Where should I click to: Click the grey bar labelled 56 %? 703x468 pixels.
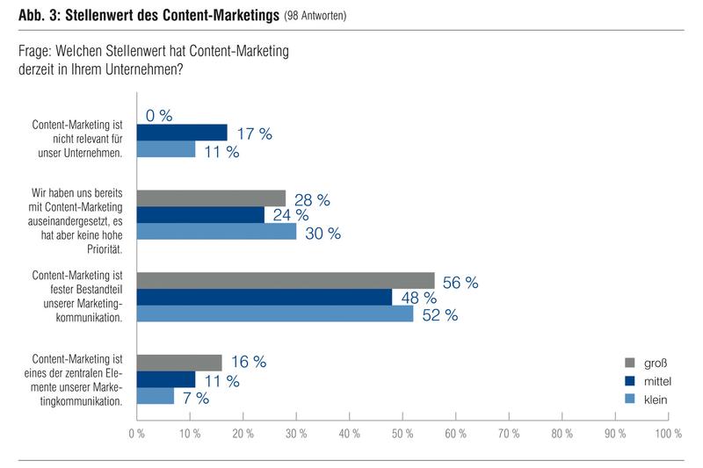[286, 280]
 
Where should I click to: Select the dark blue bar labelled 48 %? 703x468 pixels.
[265, 298]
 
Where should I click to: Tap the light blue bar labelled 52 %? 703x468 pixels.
[275, 314]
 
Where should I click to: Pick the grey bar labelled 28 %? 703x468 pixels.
[211, 198]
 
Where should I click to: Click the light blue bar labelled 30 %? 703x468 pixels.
[216, 232]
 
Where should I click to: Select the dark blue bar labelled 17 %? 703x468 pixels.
[182, 133]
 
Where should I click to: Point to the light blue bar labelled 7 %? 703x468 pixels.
[156, 397]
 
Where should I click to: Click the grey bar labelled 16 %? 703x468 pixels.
[179, 363]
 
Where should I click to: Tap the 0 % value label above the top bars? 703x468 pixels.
[159, 116]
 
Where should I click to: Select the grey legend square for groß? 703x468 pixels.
[629, 363]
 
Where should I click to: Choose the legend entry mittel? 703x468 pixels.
[654, 380]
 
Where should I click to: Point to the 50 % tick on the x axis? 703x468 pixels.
[402, 433]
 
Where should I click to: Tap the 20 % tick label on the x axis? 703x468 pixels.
[243, 433]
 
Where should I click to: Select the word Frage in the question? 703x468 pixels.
[34, 52]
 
